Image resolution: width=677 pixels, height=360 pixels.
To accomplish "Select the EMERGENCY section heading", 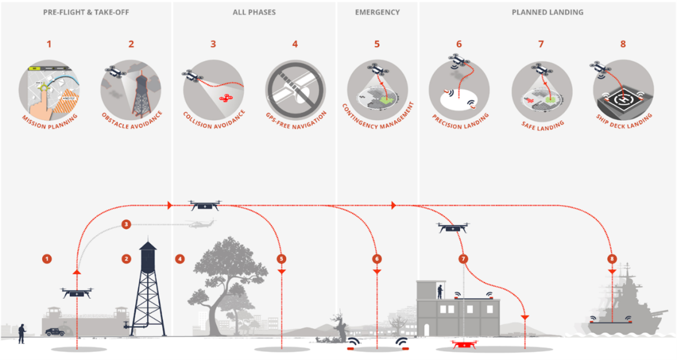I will click(377, 12).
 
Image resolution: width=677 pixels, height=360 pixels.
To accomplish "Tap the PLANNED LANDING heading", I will click(547, 12).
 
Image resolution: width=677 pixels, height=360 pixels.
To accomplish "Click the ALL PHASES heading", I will click(254, 12).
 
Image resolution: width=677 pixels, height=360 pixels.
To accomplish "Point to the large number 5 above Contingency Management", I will click(377, 44).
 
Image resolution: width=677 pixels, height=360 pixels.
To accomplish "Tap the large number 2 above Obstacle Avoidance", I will click(131, 44).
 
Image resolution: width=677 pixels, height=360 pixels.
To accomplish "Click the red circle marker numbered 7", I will click(464, 259).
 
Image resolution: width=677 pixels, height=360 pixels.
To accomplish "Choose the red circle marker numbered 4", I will click(180, 259).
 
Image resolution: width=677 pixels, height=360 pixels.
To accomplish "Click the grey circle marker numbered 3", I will click(126, 225).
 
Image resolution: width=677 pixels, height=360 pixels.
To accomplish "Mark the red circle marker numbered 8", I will click(612, 259).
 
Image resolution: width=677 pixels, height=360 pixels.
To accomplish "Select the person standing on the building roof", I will click(439, 291).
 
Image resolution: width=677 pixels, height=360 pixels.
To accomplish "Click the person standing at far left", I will click(22, 333).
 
